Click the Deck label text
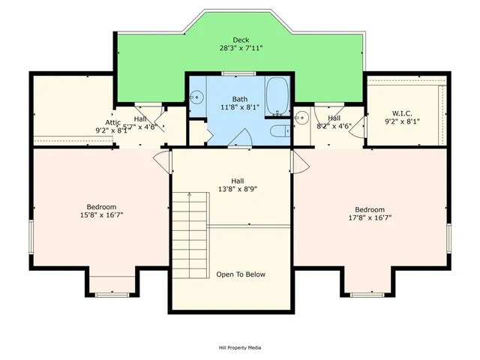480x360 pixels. coord(240,40)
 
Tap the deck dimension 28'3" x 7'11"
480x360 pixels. coord(240,48)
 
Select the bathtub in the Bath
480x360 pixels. coord(277,94)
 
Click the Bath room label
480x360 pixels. coord(239,98)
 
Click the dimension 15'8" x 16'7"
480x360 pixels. coord(101,215)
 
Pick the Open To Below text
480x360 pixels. coord(240,274)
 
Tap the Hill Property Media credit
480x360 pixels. coord(240,347)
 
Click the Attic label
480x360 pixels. coord(112,121)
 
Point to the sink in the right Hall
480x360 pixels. coord(301,117)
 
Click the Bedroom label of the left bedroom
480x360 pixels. coord(101,207)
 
